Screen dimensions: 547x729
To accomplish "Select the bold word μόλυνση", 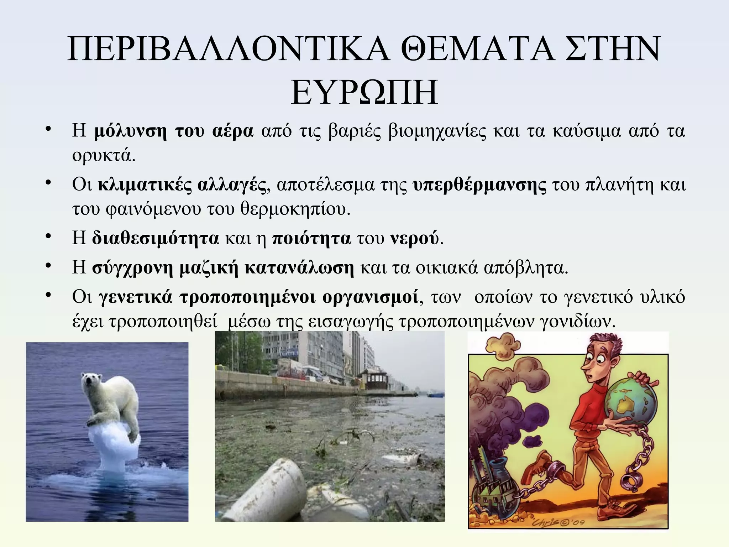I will click(130, 131).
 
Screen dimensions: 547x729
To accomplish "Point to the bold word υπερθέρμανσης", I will click(480, 185).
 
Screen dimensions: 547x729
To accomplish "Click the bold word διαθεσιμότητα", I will click(155, 239).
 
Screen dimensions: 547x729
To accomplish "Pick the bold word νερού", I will click(415, 239).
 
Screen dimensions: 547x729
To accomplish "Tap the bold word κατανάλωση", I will click(299, 268).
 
